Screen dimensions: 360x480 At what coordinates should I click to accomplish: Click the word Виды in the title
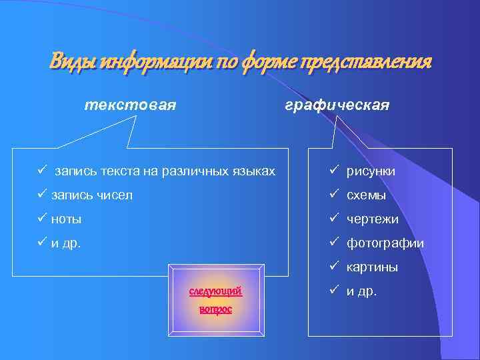[x=71, y=63]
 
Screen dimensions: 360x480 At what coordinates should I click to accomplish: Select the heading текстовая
[x=130, y=105]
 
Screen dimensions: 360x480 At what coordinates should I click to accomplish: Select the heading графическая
[x=337, y=105]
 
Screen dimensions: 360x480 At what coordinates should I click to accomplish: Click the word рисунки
[x=371, y=171]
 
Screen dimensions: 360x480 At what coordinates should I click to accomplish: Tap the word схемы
[x=367, y=195]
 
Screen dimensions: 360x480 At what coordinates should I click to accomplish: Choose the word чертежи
[x=373, y=219]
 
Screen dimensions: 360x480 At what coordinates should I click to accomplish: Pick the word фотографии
[x=385, y=243]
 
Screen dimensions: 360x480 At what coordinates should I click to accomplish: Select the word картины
[x=372, y=267]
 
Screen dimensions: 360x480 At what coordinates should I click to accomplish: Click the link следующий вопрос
[x=215, y=300]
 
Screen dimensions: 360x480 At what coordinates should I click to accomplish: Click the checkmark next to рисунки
[x=334, y=171]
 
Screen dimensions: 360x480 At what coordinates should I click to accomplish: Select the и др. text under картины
[x=361, y=291]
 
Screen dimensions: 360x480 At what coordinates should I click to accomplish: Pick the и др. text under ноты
[x=66, y=243]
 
